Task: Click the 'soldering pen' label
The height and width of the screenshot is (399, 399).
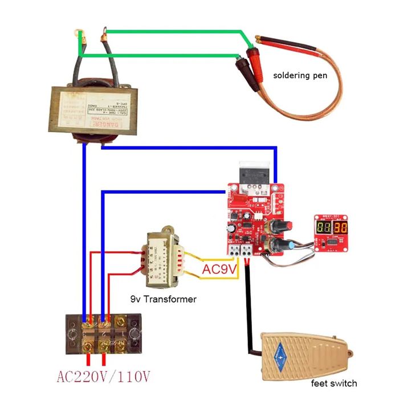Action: (x=300, y=75)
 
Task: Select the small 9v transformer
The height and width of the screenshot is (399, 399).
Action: (x=161, y=258)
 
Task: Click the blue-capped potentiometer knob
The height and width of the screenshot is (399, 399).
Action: (x=294, y=247)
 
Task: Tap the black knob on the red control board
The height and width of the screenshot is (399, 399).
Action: (x=279, y=226)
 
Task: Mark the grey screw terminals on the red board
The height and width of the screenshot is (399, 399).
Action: (x=241, y=251)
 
